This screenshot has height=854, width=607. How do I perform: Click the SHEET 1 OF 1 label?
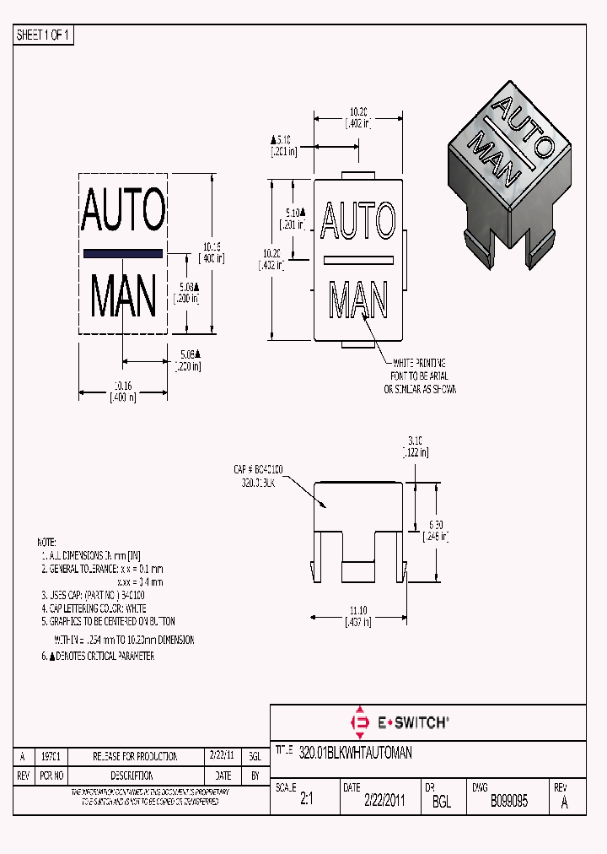44,35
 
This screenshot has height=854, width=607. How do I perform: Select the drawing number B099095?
508,802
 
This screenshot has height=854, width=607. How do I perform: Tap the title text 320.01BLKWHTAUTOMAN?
355,753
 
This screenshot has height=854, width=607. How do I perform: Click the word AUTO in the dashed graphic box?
123,211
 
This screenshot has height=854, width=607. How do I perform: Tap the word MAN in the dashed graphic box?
123,296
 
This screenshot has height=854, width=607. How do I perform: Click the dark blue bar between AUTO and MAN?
123,253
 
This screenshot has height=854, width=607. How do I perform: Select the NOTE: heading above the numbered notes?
46,541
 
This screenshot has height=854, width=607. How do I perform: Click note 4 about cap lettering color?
94,608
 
